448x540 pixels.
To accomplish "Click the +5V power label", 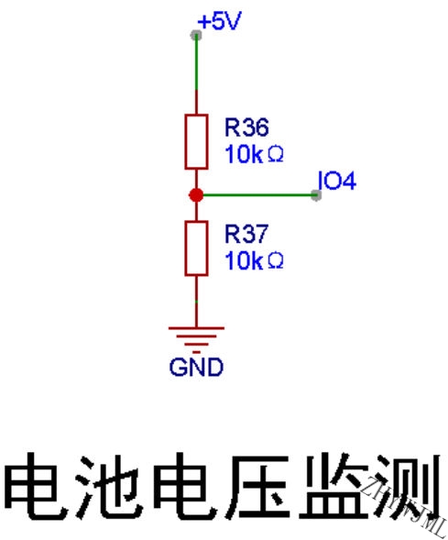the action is pos(220,21).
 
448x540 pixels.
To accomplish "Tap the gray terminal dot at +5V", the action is pos(196,35).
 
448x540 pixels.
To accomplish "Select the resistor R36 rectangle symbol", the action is pos(196,141).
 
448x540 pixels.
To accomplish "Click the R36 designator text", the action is pos(246,127).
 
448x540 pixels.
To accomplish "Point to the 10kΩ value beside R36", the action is pos(254,154).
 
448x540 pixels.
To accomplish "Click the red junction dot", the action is pos(196,195).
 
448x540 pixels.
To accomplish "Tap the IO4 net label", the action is pos(337,181).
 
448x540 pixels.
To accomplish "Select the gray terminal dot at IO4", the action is pos(316,195).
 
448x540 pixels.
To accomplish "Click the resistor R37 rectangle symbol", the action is pos(196,248).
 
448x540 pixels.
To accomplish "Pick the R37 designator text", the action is pos(246,234).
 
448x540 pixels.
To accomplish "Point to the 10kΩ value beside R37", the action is pos(254,260).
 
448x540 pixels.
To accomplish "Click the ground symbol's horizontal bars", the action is pos(196,340).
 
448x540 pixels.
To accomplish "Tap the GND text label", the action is pos(196,367).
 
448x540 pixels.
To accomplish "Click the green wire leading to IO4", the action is pos(257,195).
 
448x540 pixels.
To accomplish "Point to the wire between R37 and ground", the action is pos(196,302).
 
